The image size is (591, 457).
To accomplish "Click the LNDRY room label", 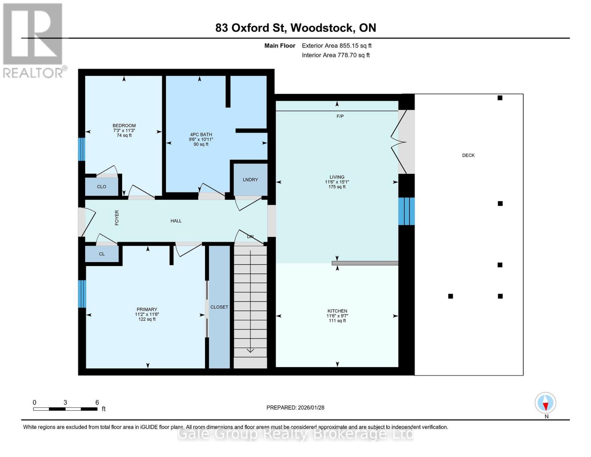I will point(250,180).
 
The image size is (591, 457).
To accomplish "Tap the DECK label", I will point(468,155).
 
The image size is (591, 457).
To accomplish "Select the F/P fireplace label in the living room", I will point(340,116).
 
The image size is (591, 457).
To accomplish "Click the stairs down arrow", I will point(250,349).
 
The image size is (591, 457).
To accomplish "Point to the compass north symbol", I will point(545,403).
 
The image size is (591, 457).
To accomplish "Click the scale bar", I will point(65,409).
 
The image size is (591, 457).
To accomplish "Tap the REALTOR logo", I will point(33,40).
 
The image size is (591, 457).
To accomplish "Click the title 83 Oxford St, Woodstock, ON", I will point(295,28).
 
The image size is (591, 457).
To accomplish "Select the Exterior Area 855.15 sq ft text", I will point(336,46).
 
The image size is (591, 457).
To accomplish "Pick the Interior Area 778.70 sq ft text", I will point(336,55).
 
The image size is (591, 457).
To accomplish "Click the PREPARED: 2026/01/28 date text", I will point(295,407).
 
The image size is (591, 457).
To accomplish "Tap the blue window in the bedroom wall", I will point(81,149).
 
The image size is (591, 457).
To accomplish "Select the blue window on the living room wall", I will point(406,211).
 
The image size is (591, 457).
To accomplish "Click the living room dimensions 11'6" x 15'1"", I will point(337,182).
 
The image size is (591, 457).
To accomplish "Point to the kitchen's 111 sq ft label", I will point(337,321).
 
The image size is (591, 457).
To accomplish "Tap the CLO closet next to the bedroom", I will point(102,187).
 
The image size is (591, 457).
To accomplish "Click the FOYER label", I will point(117,217).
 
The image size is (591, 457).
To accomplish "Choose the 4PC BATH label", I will point(201,134).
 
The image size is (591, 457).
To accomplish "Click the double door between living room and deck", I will point(400,142).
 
